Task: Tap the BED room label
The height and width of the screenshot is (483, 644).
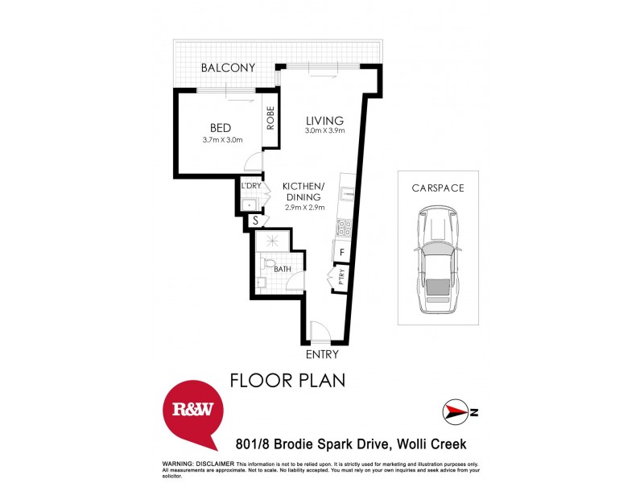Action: pos(221,128)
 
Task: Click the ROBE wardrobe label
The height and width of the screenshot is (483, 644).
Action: pos(271,118)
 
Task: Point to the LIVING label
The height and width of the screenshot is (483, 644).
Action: pos(324,121)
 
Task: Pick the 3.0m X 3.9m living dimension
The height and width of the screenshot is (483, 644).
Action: pos(324,131)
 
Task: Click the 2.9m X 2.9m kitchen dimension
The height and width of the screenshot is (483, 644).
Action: pos(303,208)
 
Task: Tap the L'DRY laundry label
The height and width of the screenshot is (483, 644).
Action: pos(250,186)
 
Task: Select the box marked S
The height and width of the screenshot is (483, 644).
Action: pos(255,220)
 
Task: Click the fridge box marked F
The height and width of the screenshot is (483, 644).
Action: pos(341,253)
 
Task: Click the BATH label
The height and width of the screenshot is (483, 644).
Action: pos(282,270)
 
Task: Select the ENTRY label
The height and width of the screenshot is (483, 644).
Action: pos(321,354)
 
